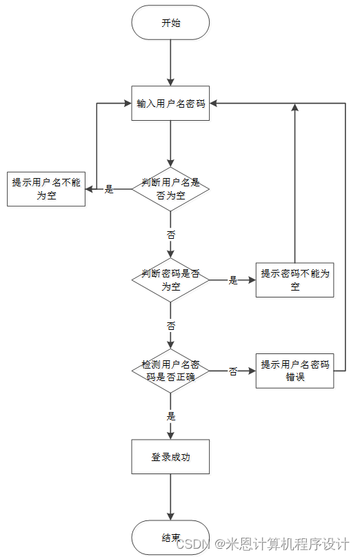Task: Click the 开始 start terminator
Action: [x=170, y=22]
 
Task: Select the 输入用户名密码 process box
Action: [x=170, y=104]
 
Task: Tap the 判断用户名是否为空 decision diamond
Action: [x=170, y=188]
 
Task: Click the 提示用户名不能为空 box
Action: [x=46, y=188]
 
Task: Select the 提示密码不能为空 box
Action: [x=294, y=280]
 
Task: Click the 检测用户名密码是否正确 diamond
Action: [x=170, y=371]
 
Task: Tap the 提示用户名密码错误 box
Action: [x=294, y=371]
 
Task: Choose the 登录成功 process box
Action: [x=170, y=457]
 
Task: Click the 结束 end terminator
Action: [x=170, y=537]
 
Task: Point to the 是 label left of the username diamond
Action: [x=109, y=189]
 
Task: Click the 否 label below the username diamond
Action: [x=171, y=234]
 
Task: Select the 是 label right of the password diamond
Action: [x=233, y=280]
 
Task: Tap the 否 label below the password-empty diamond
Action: [x=171, y=325]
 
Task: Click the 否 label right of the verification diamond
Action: [x=233, y=371]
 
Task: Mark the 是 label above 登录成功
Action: [x=171, y=416]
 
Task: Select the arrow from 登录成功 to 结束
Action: [x=170, y=497]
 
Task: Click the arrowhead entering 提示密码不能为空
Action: [x=252, y=280]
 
